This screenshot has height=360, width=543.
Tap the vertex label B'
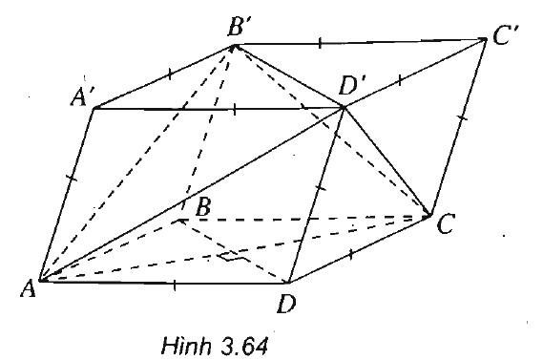tap(239, 27)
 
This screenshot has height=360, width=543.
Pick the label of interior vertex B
tap(203, 204)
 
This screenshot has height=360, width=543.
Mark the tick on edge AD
tap(176, 283)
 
